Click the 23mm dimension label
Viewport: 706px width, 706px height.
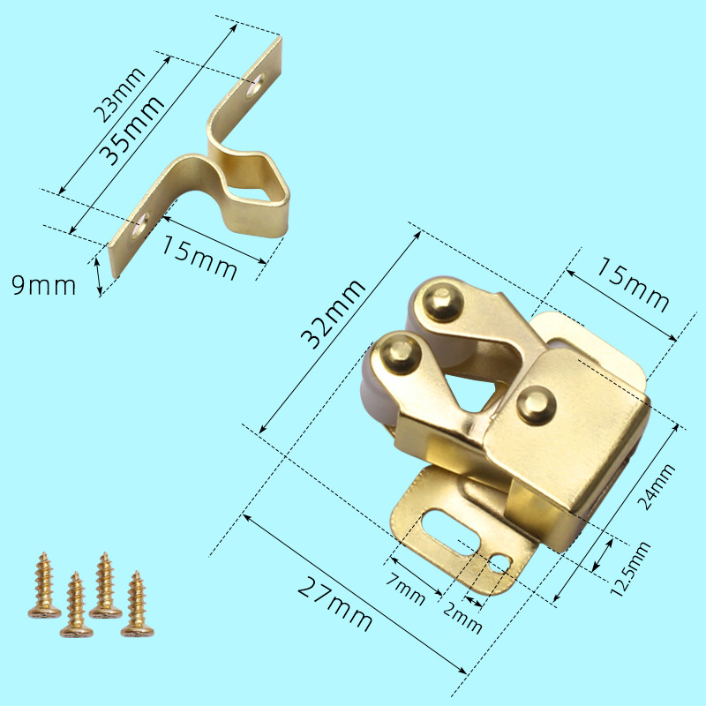click(x=119, y=95)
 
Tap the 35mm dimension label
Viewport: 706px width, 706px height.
click(x=131, y=131)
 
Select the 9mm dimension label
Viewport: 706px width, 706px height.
click(x=43, y=285)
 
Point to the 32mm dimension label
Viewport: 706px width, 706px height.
click(x=334, y=314)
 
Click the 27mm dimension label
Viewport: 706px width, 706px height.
click(x=335, y=604)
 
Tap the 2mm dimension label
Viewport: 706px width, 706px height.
click(x=462, y=617)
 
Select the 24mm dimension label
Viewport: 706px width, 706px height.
click(x=657, y=487)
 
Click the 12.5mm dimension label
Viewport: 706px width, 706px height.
click(x=630, y=569)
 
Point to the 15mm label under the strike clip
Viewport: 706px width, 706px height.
click(x=199, y=258)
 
